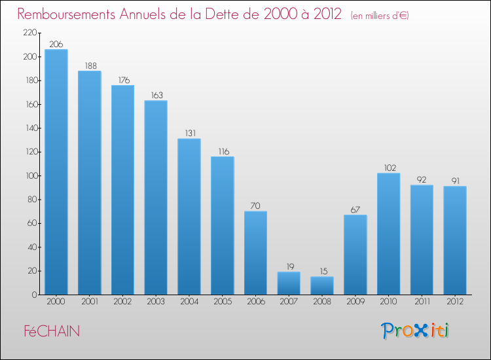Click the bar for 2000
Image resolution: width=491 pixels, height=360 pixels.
[x=56, y=172]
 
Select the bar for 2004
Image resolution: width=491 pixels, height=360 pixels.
[x=189, y=217]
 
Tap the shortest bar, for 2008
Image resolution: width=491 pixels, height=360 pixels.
[x=322, y=285]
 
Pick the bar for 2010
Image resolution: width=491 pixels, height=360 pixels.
[x=388, y=234]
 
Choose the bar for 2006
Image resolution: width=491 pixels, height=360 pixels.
[x=255, y=253]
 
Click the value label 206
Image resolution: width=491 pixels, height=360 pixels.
[x=56, y=45]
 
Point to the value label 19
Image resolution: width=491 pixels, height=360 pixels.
[x=289, y=267]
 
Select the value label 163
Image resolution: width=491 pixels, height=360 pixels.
[x=156, y=96]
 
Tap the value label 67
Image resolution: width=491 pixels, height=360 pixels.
[x=355, y=210]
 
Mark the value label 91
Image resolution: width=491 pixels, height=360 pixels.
[x=455, y=181]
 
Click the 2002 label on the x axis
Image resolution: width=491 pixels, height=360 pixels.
[x=122, y=302]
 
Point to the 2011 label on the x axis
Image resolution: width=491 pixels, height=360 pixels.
[x=422, y=302]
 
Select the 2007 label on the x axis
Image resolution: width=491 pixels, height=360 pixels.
[x=289, y=302]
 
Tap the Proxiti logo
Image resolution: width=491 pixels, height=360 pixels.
[x=415, y=331]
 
